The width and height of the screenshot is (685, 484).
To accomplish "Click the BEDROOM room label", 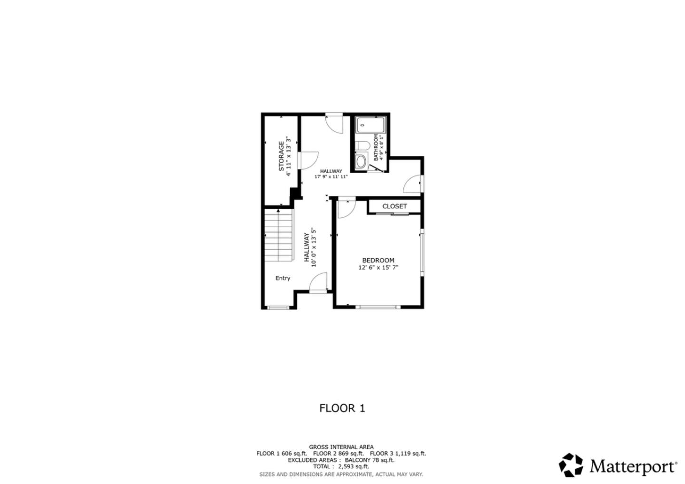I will click(x=378, y=260).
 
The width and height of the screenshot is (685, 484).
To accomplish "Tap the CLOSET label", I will click(x=394, y=206).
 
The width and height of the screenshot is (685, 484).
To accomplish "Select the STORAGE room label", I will click(x=281, y=155).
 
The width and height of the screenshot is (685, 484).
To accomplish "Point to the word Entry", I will click(x=283, y=278).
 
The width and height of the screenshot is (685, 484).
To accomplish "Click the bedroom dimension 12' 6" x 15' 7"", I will click(x=378, y=268).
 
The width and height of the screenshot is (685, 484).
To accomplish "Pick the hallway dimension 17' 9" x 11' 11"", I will click(x=331, y=177).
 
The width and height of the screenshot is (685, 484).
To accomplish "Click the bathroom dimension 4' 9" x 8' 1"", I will click(x=382, y=147).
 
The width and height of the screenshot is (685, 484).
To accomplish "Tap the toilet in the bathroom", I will click(x=363, y=145).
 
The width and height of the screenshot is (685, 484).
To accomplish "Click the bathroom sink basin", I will click(x=362, y=161).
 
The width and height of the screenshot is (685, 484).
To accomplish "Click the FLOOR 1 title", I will click(x=342, y=408).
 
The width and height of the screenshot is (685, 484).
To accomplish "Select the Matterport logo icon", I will click(x=571, y=465).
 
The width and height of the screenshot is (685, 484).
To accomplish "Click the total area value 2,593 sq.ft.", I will click(x=353, y=467).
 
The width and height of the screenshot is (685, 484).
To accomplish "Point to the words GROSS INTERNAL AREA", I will click(x=341, y=447).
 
